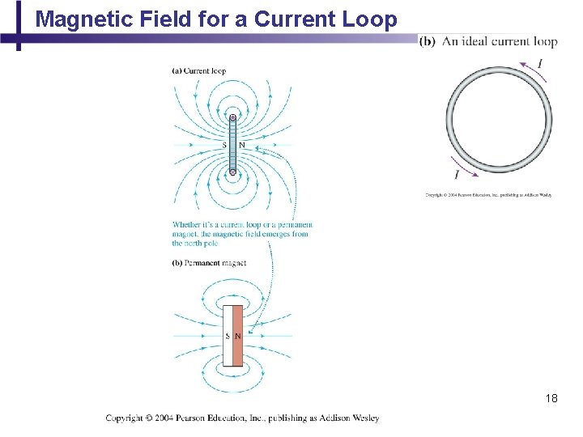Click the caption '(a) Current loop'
click(198, 70)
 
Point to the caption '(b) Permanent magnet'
click(209, 263)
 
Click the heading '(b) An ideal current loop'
click(488, 41)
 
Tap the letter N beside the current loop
click(241, 146)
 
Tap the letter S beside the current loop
click(224, 146)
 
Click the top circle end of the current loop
click(232, 118)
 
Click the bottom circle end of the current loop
click(232, 172)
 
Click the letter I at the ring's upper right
click(540, 64)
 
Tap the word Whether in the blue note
click(186, 224)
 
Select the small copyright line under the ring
click(488, 195)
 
